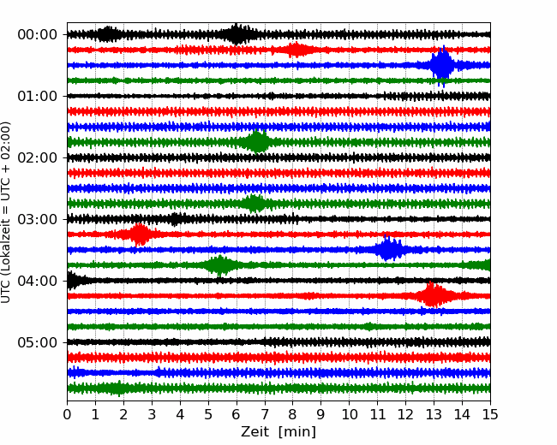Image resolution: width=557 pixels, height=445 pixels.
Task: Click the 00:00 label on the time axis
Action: (x=37, y=34)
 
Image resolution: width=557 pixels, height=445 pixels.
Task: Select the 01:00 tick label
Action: (x=37, y=96)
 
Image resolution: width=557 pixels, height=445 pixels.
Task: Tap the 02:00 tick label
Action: (x=37, y=157)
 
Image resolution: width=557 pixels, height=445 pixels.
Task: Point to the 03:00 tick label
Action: (x=37, y=219)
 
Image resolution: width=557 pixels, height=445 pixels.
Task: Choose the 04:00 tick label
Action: (x=37, y=281)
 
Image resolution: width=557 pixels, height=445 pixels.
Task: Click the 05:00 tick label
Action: (x=37, y=342)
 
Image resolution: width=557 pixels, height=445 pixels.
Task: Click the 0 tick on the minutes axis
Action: (x=68, y=414)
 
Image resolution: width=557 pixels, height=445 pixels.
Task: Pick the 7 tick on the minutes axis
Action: (x=265, y=414)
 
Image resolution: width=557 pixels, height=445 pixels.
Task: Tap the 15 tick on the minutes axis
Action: (x=490, y=414)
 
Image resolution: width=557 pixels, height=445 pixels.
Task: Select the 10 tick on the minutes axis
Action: (x=350, y=414)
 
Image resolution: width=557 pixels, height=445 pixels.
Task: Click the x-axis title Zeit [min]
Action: (x=278, y=431)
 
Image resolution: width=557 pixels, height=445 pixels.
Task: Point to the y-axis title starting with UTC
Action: (x=7, y=211)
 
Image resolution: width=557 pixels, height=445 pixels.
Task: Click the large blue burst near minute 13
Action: (x=441, y=65)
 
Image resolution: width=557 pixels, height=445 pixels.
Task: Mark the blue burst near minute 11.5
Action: (x=390, y=250)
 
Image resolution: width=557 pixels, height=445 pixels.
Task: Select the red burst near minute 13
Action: (x=434, y=296)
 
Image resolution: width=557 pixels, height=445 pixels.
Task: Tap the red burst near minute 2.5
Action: (x=139, y=234)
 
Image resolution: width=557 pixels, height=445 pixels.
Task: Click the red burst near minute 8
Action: (x=296, y=50)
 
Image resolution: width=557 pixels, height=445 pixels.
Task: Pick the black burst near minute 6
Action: (x=237, y=34)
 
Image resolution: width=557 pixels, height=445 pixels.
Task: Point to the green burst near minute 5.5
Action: (x=220, y=265)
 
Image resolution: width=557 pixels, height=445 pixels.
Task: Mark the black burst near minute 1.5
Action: (x=108, y=34)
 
